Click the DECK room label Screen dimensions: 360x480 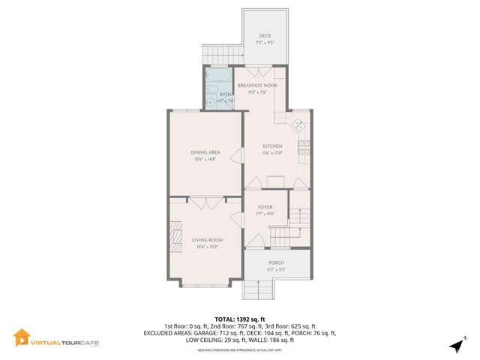click(x=265, y=36)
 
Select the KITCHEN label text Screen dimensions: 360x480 click(x=271, y=146)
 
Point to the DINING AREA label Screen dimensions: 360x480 click(x=204, y=153)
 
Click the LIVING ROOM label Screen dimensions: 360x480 click(x=204, y=240)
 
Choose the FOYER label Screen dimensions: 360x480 click(x=265, y=206)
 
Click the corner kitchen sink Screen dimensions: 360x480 click(x=298, y=123)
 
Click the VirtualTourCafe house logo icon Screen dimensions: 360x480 click(x=22, y=338)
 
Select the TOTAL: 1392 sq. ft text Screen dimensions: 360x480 click(x=240, y=319)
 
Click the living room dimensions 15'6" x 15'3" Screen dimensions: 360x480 click(x=204, y=247)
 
